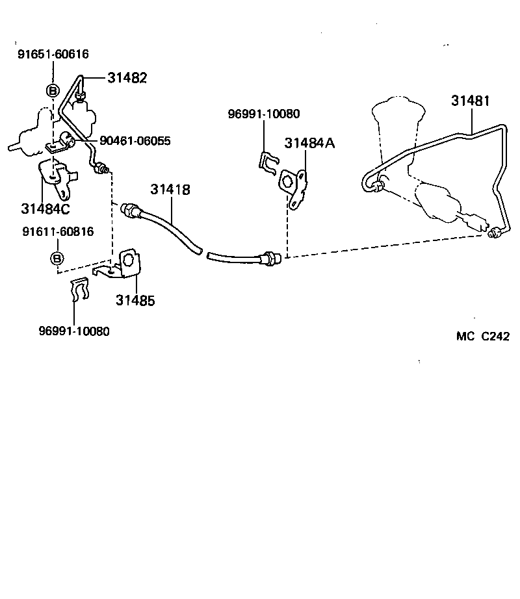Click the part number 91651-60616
pos(53,55)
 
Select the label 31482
pos(127,78)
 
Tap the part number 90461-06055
pos(135,141)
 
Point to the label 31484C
pos(45,209)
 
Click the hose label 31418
pos(170,190)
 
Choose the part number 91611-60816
pos(58,231)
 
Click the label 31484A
pos(309,143)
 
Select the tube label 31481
pos(471,101)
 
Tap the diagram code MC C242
pos(482,336)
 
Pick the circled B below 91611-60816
pos(57,259)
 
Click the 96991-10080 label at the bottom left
pos(74,331)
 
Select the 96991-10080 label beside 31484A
pos(264,114)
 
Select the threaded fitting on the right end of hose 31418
pos(269,258)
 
